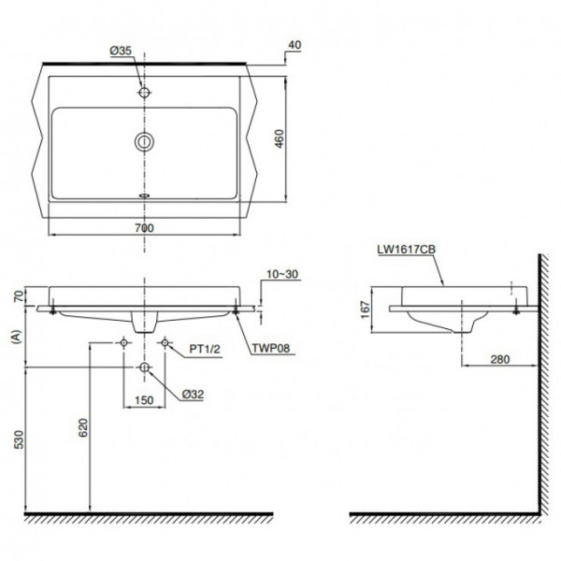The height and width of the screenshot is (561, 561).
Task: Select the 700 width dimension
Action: click(144, 228)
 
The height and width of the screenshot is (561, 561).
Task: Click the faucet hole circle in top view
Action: click(144, 93)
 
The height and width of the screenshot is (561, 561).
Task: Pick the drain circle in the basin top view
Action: click(144, 142)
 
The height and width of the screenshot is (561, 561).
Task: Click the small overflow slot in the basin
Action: click(144, 196)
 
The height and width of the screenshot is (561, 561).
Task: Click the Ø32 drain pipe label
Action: click(193, 394)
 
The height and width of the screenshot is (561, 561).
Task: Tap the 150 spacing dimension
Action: click(143, 400)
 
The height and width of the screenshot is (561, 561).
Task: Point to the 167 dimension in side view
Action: click(366, 309)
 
